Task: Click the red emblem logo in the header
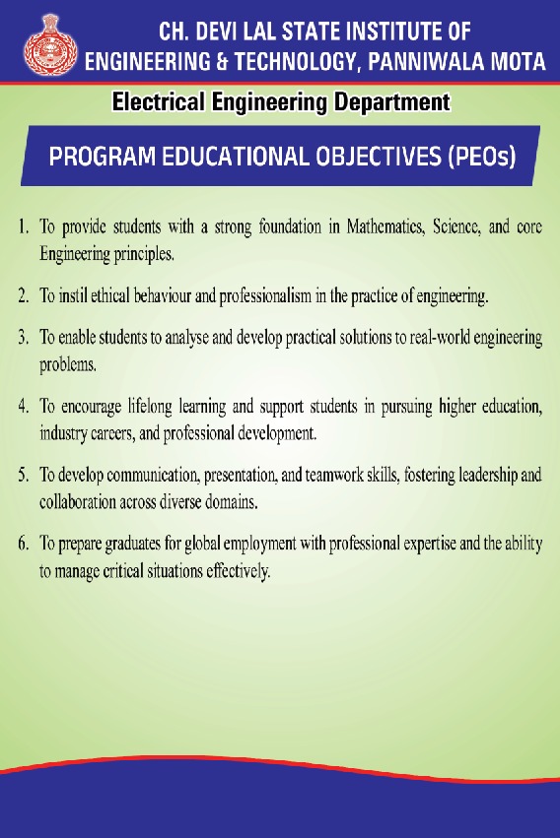pos(49,44)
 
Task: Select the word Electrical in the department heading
pos(159,101)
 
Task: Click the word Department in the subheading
pos(391,102)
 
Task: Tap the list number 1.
pos(23,226)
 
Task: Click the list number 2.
pos(23,295)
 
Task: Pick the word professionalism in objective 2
pos(265,295)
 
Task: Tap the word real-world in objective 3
pos(440,338)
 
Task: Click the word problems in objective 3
pos(68,365)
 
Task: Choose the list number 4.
pos(23,407)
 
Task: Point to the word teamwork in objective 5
pos(334,475)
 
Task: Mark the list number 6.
pos(23,544)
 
